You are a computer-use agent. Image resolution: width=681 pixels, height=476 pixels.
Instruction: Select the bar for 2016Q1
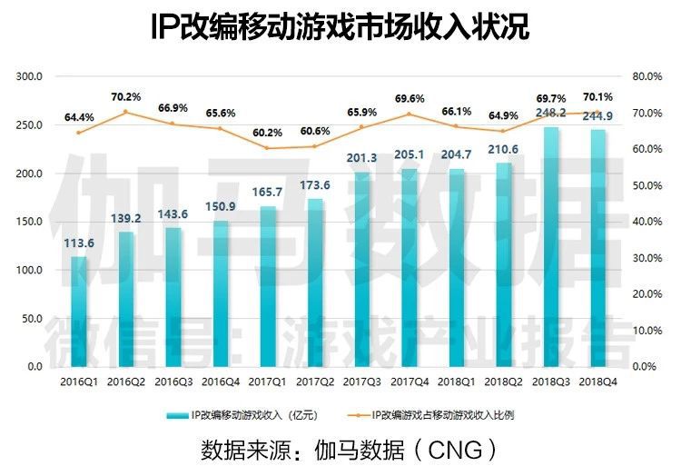pos(80,311)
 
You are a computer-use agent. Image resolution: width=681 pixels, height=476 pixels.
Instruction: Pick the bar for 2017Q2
pos(316,282)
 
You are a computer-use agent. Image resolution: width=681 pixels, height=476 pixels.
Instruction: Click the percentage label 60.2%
pos(267,132)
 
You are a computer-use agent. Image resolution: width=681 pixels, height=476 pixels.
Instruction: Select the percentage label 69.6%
pos(410,98)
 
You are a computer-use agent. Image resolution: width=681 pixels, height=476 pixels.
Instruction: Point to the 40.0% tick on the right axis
pos(646,222)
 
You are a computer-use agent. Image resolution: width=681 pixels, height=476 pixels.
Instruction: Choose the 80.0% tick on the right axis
pos(646,76)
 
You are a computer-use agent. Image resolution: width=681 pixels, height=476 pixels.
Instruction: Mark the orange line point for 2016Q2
pos(127,112)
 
